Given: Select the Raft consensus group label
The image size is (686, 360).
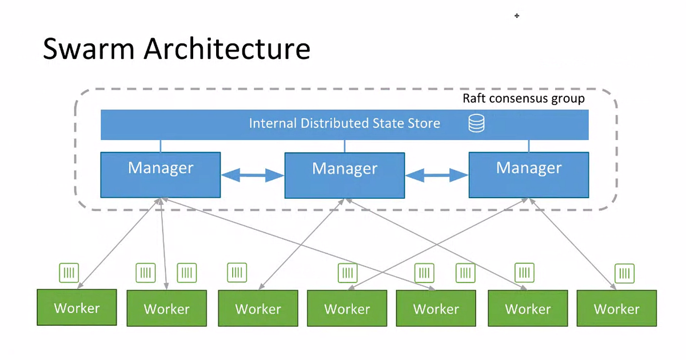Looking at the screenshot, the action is click(523, 99).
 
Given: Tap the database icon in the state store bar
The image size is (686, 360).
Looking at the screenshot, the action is click(476, 123).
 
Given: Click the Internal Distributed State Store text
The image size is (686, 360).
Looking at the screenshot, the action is click(344, 123).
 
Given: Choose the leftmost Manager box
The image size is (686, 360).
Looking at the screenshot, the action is click(161, 174).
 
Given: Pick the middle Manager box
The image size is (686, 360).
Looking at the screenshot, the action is click(345, 175).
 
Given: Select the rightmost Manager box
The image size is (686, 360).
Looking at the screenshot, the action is click(529, 174).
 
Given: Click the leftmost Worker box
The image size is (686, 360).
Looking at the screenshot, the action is click(77, 307).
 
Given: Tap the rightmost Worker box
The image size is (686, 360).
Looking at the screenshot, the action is click(617, 309).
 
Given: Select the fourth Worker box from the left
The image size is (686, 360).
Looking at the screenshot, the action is click(347, 309).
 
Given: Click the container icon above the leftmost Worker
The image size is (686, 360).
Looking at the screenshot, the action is click(69, 273).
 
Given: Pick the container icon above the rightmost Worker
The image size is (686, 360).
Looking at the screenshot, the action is click(624, 273).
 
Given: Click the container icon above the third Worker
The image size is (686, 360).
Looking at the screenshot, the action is click(237, 273).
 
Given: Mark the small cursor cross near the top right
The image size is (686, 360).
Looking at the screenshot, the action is click(517, 16).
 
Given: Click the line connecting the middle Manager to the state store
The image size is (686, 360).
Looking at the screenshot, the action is click(345, 146).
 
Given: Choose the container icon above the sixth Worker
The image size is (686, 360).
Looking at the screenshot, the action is click(524, 273).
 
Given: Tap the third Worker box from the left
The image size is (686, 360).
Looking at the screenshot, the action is click(258, 309).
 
